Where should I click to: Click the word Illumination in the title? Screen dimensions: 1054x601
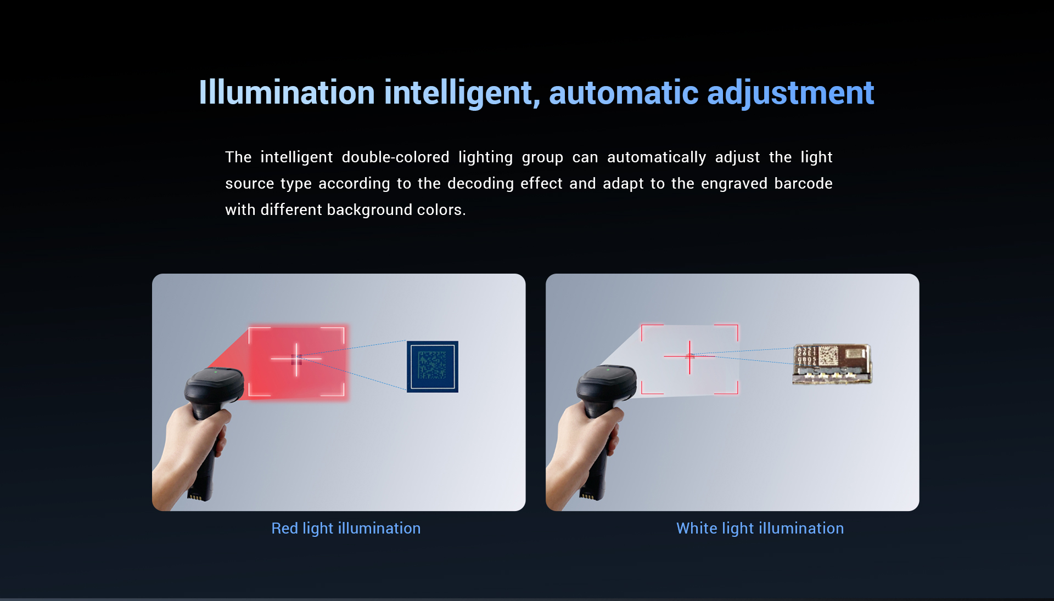[x=287, y=92]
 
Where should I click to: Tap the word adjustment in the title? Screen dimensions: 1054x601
[x=790, y=93]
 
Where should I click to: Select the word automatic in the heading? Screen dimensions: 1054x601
[x=624, y=92]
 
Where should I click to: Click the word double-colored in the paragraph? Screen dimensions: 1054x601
[x=395, y=157]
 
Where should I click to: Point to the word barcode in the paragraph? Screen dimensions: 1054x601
[x=803, y=183]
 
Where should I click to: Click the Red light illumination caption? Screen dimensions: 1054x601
[x=346, y=528]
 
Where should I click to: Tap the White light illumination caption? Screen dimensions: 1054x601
[x=760, y=528]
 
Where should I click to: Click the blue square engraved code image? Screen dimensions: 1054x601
[x=433, y=366]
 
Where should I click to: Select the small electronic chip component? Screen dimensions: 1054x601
[x=832, y=364]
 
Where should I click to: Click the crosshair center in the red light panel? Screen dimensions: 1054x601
[x=296, y=359]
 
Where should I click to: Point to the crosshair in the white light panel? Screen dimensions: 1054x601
[x=689, y=356]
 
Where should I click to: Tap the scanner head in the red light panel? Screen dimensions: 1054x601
[x=215, y=387]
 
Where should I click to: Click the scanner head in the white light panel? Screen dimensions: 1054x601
[x=607, y=386]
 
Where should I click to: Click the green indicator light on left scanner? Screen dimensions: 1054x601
[x=216, y=372]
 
